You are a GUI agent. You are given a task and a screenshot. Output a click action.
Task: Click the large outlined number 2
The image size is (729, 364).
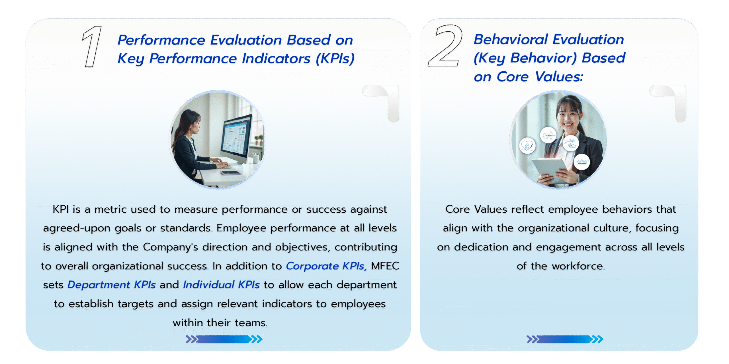click(x=445, y=46)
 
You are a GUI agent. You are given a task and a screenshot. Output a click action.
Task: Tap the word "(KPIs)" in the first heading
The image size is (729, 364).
click(x=335, y=59)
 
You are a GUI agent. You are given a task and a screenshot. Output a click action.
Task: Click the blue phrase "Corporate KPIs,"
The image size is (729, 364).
click(x=326, y=266)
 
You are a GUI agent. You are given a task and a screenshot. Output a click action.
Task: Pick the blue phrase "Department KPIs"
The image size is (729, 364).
click(x=111, y=285)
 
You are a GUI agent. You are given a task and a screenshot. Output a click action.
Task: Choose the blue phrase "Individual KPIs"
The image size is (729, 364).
click(x=221, y=285)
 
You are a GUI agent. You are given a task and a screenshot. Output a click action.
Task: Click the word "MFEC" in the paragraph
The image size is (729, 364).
click(x=385, y=266)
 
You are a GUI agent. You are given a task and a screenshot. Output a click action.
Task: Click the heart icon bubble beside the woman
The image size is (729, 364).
click(x=527, y=146)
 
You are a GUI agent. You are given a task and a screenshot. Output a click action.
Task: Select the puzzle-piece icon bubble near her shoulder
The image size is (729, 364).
click(x=548, y=135)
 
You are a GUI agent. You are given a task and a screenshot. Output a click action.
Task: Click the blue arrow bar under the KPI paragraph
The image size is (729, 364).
click(x=224, y=339)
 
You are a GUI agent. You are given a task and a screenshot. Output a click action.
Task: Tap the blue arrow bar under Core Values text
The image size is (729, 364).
click(x=565, y=339)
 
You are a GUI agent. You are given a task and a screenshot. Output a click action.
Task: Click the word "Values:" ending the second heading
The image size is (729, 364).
click(x=559, y=77)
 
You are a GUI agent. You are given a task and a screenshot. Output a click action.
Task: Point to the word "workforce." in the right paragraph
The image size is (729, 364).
click(x=578, y=266)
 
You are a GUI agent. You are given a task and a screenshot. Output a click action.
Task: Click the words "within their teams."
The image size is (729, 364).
click(x=220, y=323)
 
